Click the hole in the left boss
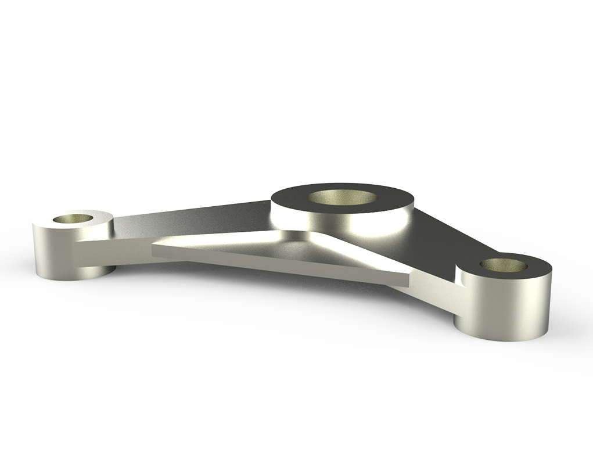(x=72, y=219)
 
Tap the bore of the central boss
(x=342, y=197)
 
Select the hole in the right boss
(x=504, y=265)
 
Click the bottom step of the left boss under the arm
(x=99, y=271)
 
